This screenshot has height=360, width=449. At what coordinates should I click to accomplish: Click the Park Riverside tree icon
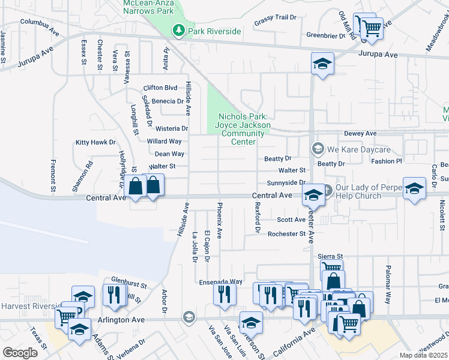[178, 31]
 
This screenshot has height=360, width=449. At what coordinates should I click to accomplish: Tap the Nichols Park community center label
[241, 129]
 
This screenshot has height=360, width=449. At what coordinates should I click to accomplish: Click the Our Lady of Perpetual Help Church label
[360, 192]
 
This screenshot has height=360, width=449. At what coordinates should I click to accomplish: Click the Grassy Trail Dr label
[276, 19]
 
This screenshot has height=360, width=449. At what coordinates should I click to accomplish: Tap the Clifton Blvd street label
[160, 88]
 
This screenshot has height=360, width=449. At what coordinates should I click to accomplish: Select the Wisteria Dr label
[172, 128]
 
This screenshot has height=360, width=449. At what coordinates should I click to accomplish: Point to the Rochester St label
[287, 234]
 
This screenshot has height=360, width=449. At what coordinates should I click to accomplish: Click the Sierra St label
[330, 256]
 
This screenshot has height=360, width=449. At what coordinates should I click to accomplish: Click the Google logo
[20, 352]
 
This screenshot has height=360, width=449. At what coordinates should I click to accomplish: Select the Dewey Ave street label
[360, 133]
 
